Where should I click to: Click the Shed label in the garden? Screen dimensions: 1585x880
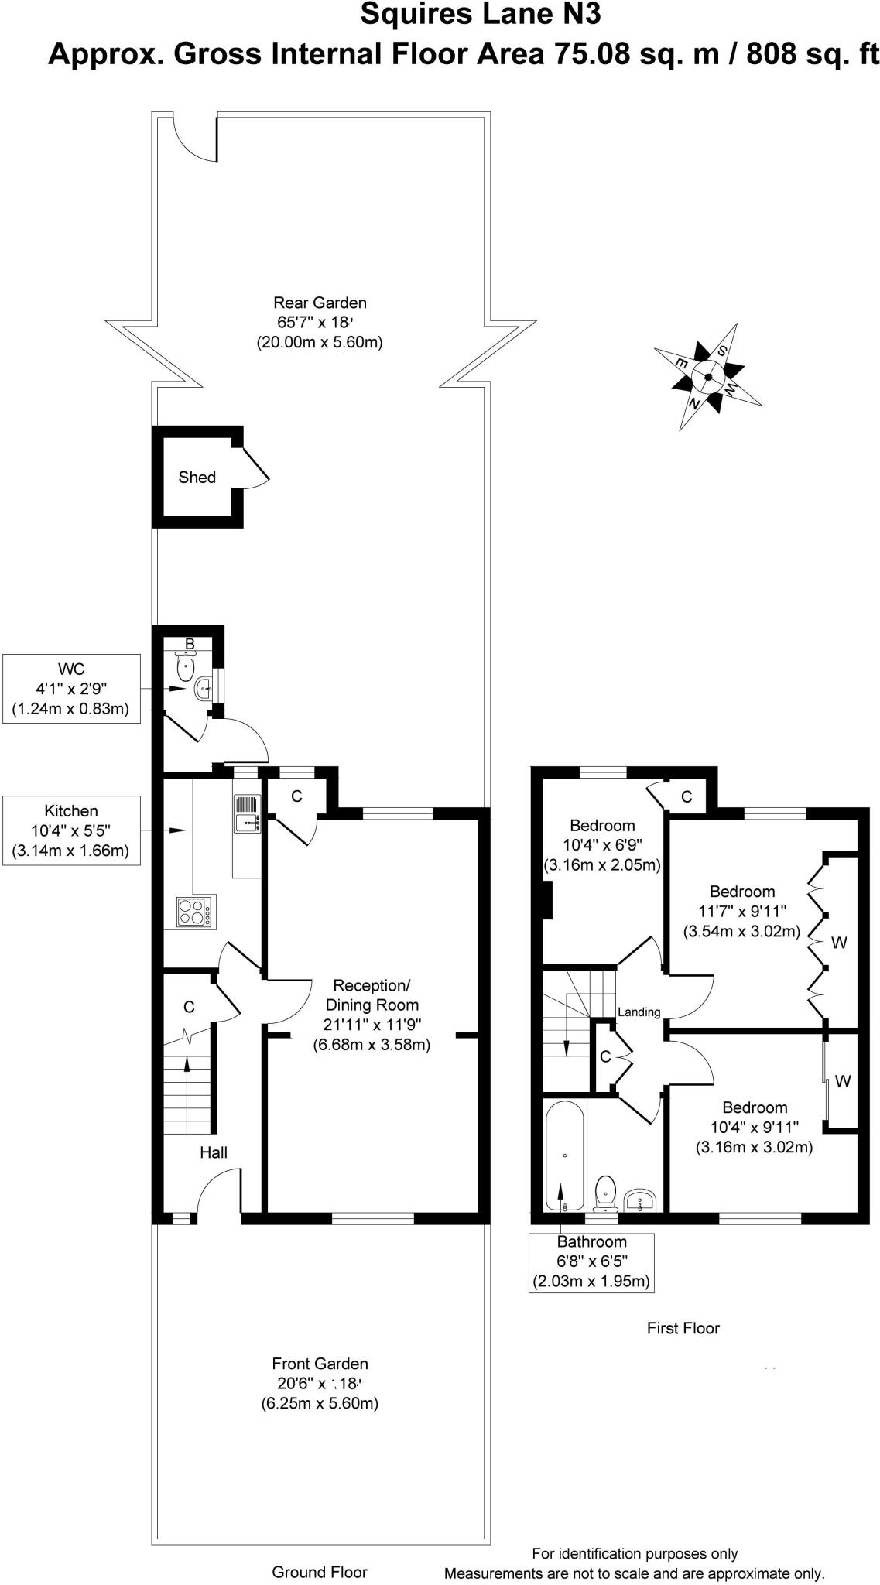pos(197,478)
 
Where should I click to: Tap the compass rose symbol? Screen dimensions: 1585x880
pos(707,377)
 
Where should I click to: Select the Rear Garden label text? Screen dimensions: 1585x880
pos(320,322)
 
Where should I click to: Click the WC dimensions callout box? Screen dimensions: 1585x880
pos(71,689)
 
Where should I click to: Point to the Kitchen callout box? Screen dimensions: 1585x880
pos(71,831)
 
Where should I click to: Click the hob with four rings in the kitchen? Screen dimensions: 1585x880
pos(196,912)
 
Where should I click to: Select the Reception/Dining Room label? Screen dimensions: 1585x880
pos(372,1015)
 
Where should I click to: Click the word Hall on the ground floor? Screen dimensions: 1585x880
pos(214,1152)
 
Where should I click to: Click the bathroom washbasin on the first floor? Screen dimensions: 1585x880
pos(641,1200)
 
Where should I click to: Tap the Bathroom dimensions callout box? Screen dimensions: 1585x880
pos(591,1261)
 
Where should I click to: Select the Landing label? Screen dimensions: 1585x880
pos(639,1012)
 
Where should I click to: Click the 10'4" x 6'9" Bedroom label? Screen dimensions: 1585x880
pos(602,845)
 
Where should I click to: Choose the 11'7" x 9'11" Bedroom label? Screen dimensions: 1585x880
pos(741,911)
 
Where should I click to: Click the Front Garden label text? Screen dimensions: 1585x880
pos(320,1383)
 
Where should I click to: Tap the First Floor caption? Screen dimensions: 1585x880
pos(683,1328)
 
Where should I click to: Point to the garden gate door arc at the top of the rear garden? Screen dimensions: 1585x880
pos(194,139)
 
